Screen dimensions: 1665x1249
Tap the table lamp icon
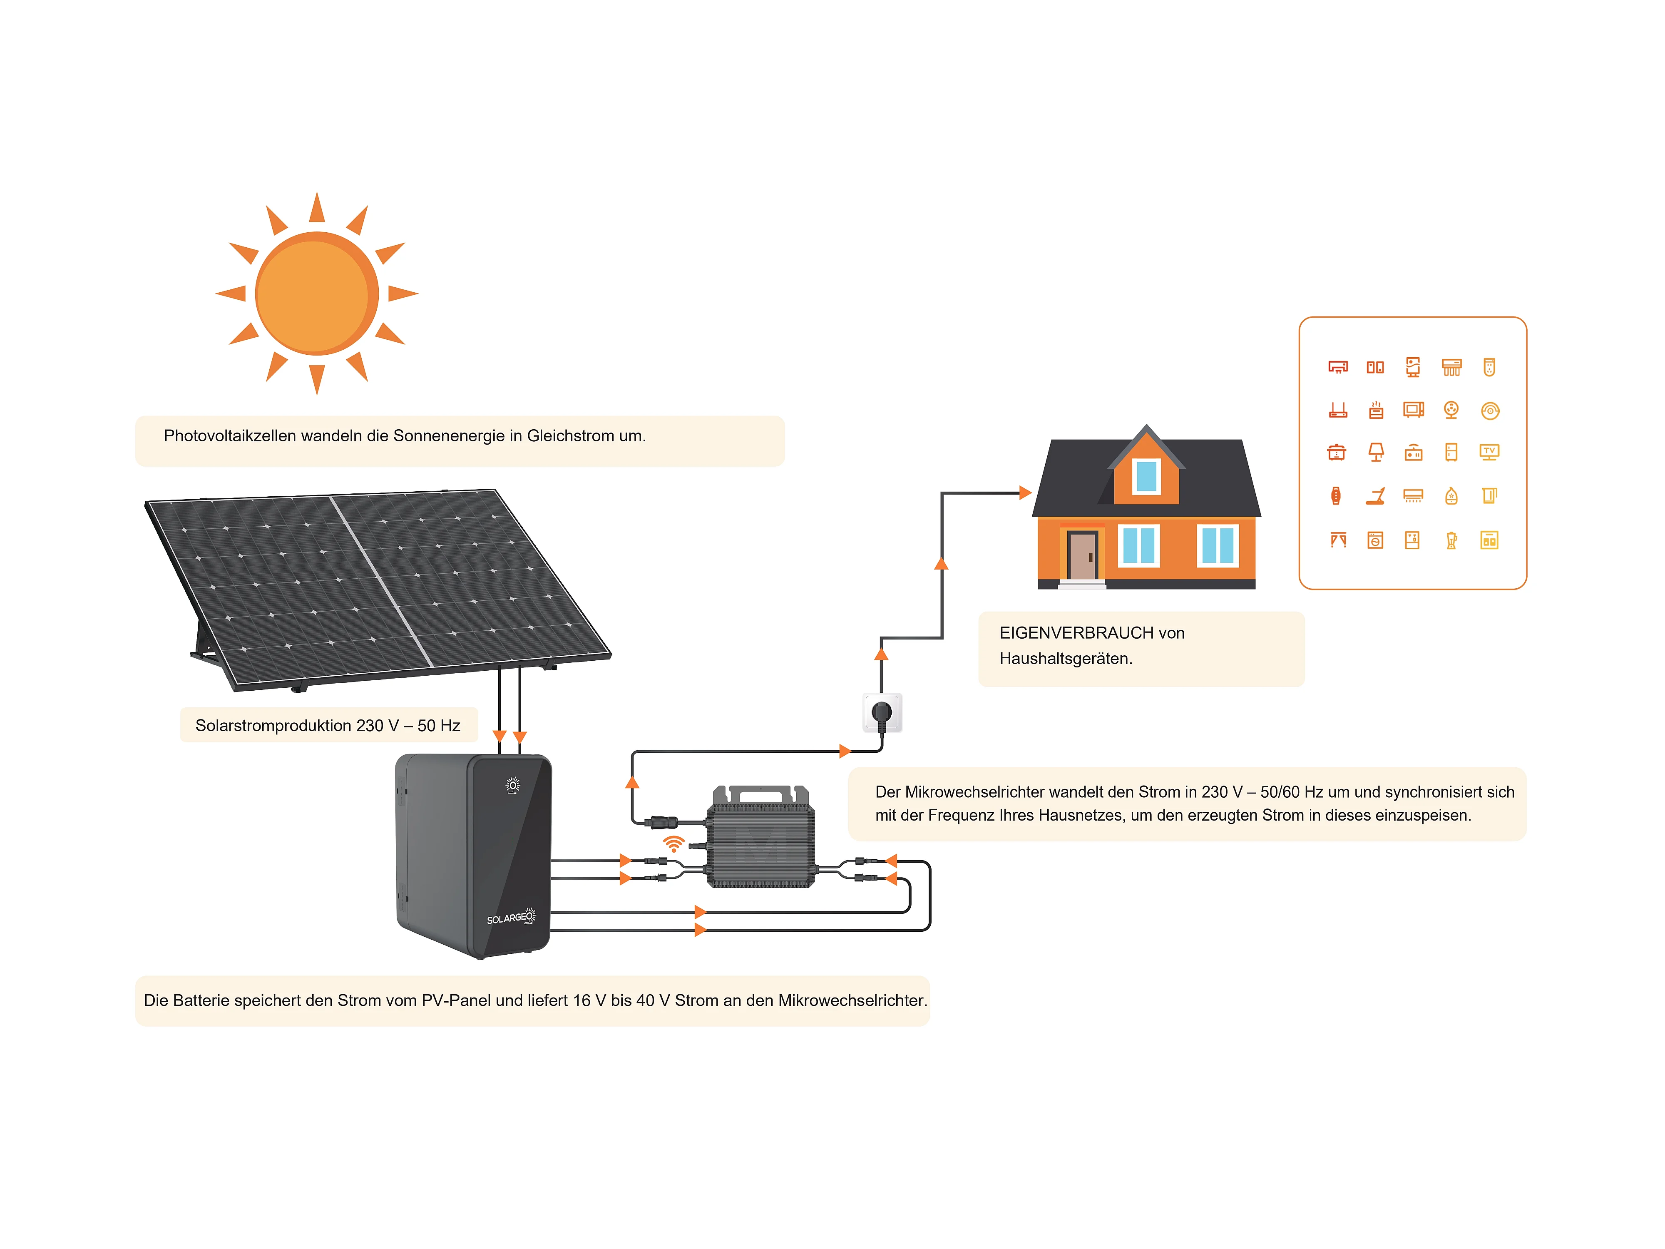[1375, 452]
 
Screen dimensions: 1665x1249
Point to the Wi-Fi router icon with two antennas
[1337, 410]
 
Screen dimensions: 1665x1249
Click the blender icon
[1451, 540]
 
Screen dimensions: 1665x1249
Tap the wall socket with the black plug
[882, 712]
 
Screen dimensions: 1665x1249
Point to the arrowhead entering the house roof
[1025, 493]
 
